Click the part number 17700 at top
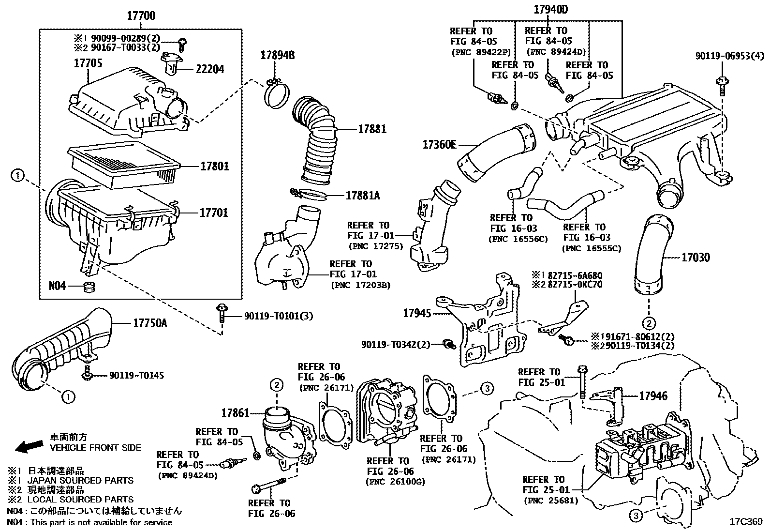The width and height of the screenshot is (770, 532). (141, 16)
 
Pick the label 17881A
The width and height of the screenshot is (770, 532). (362, 196)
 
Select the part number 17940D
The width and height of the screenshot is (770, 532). (550, 9)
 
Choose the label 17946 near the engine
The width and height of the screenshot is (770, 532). (653, 396)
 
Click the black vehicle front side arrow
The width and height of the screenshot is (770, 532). (28, 447)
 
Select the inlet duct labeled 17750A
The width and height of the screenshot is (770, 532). (63, 349)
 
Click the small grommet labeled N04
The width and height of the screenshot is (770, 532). (89, 287)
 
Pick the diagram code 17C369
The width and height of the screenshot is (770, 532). (745, 521)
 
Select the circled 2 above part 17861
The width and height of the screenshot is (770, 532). (276, 385)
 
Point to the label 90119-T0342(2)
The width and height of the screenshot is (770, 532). (395, 344)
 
